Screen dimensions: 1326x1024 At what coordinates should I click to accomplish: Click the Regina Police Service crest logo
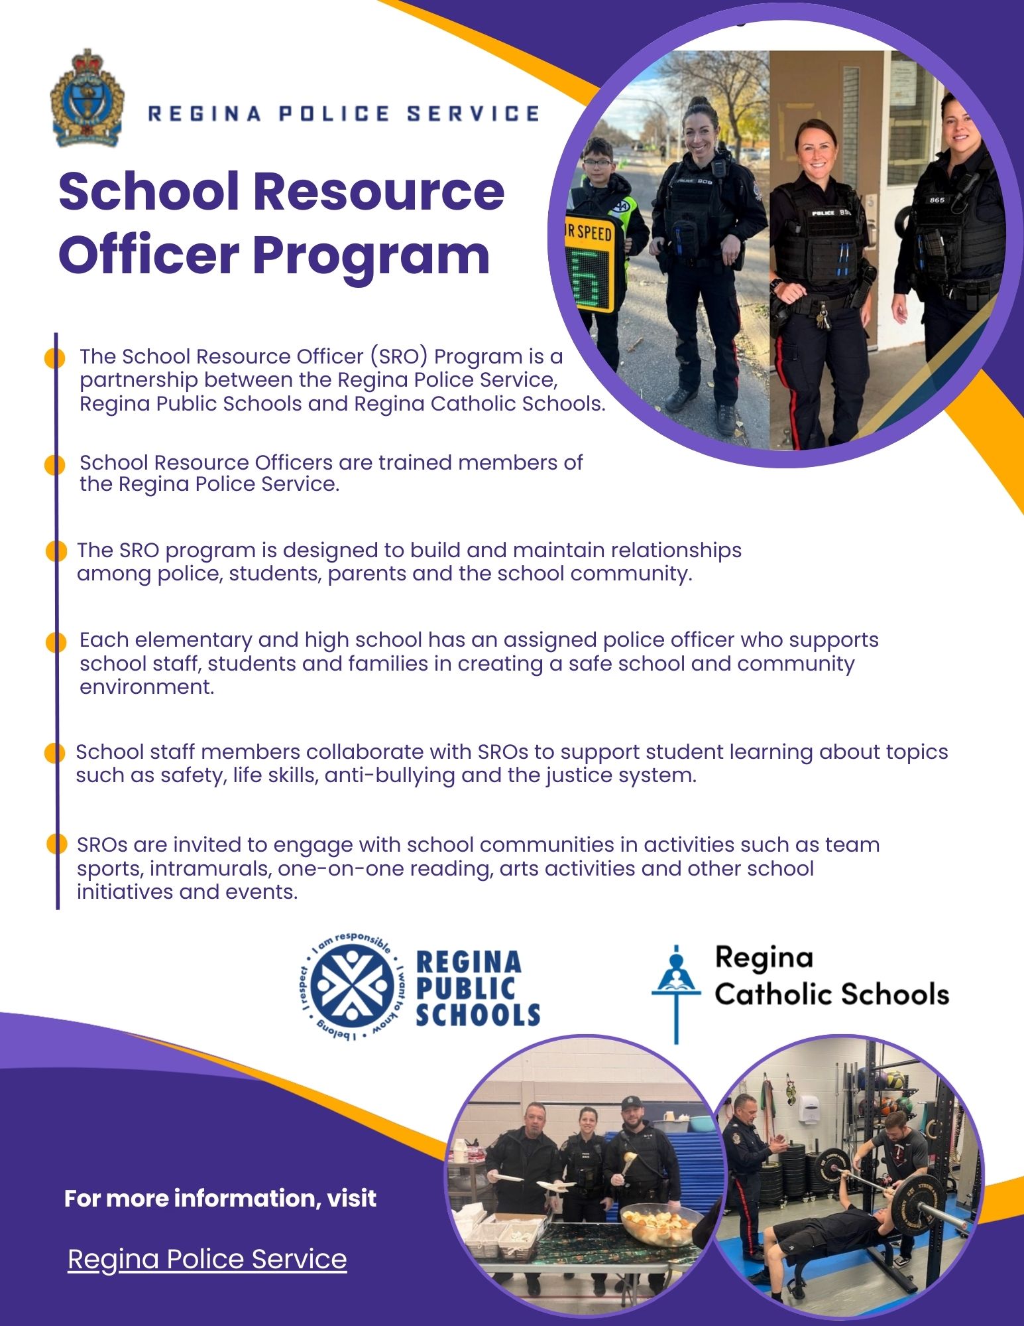[x=86, y=98]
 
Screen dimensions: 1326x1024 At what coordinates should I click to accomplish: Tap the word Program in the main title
[x=370, y=255]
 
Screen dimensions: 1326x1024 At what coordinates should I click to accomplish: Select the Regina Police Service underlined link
[x=207, y=1258]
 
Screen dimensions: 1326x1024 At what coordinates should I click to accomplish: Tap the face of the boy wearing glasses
[x=598, y=158]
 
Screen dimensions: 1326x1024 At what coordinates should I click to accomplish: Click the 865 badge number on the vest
[x=937, y=200]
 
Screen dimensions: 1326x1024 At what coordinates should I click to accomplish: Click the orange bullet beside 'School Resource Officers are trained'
[x=54, y=464]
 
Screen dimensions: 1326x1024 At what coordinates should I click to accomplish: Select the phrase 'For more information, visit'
[x=220, y=1198]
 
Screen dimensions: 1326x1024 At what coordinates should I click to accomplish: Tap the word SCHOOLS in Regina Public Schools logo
[x=478, y=1015]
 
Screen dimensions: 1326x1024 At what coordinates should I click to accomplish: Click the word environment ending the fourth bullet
[x=146, y=687]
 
